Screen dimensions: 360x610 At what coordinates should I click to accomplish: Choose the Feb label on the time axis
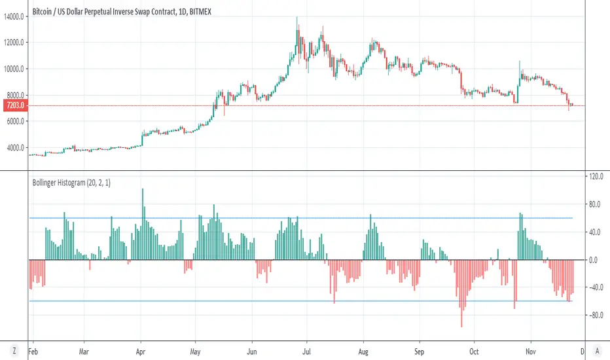[36, 351]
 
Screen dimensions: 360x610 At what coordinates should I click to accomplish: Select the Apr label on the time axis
[141, 351]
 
